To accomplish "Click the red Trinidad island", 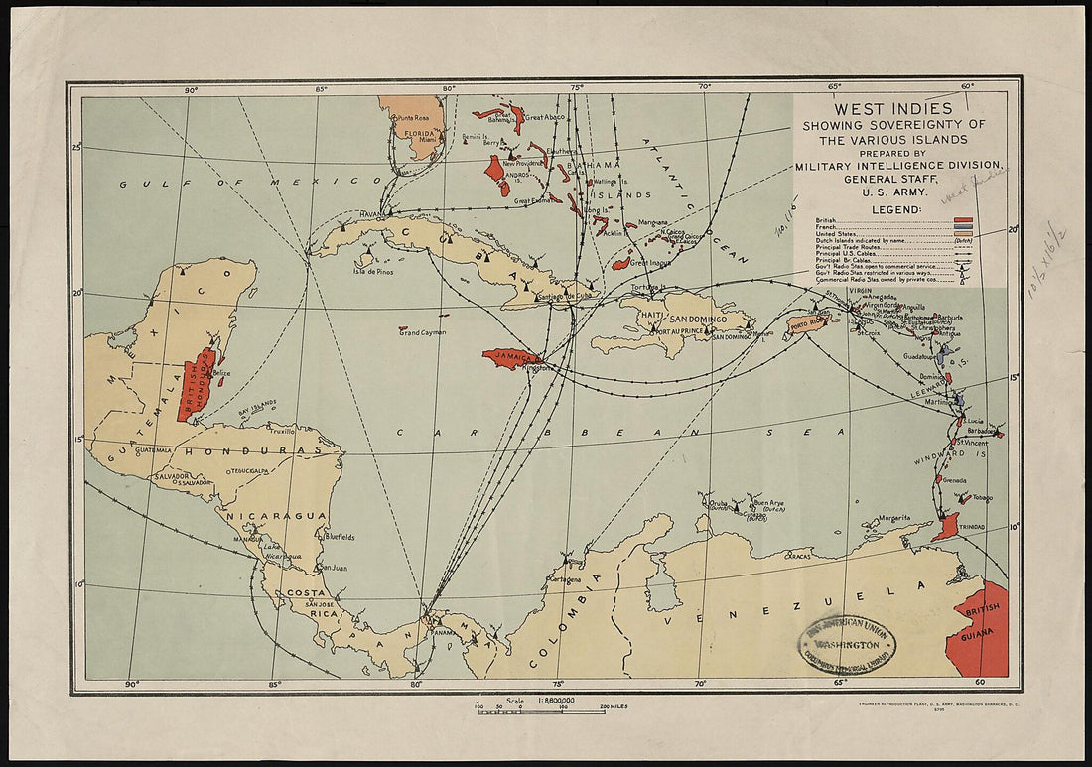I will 947,526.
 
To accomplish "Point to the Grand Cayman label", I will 422,332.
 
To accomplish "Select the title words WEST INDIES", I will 892,108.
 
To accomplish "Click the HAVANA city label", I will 371,214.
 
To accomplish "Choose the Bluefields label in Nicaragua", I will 338,537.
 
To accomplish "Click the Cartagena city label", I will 564,579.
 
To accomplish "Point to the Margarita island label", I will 893,518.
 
